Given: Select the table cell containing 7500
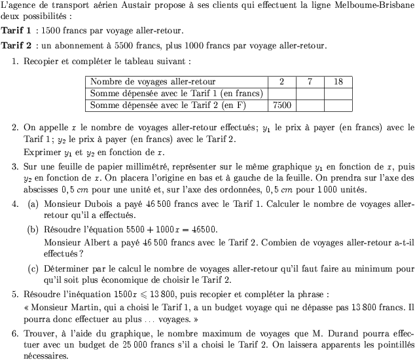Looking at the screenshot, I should [x=281, y=105].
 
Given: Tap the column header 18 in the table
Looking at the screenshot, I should [x=338, y=82].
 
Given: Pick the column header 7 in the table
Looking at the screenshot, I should [x=310, y=82].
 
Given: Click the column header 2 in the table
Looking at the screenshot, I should [x=281, y=82].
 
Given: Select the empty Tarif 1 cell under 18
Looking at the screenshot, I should [x=338, y=93].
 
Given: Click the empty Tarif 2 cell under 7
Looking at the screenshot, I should [x=310, y=105].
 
